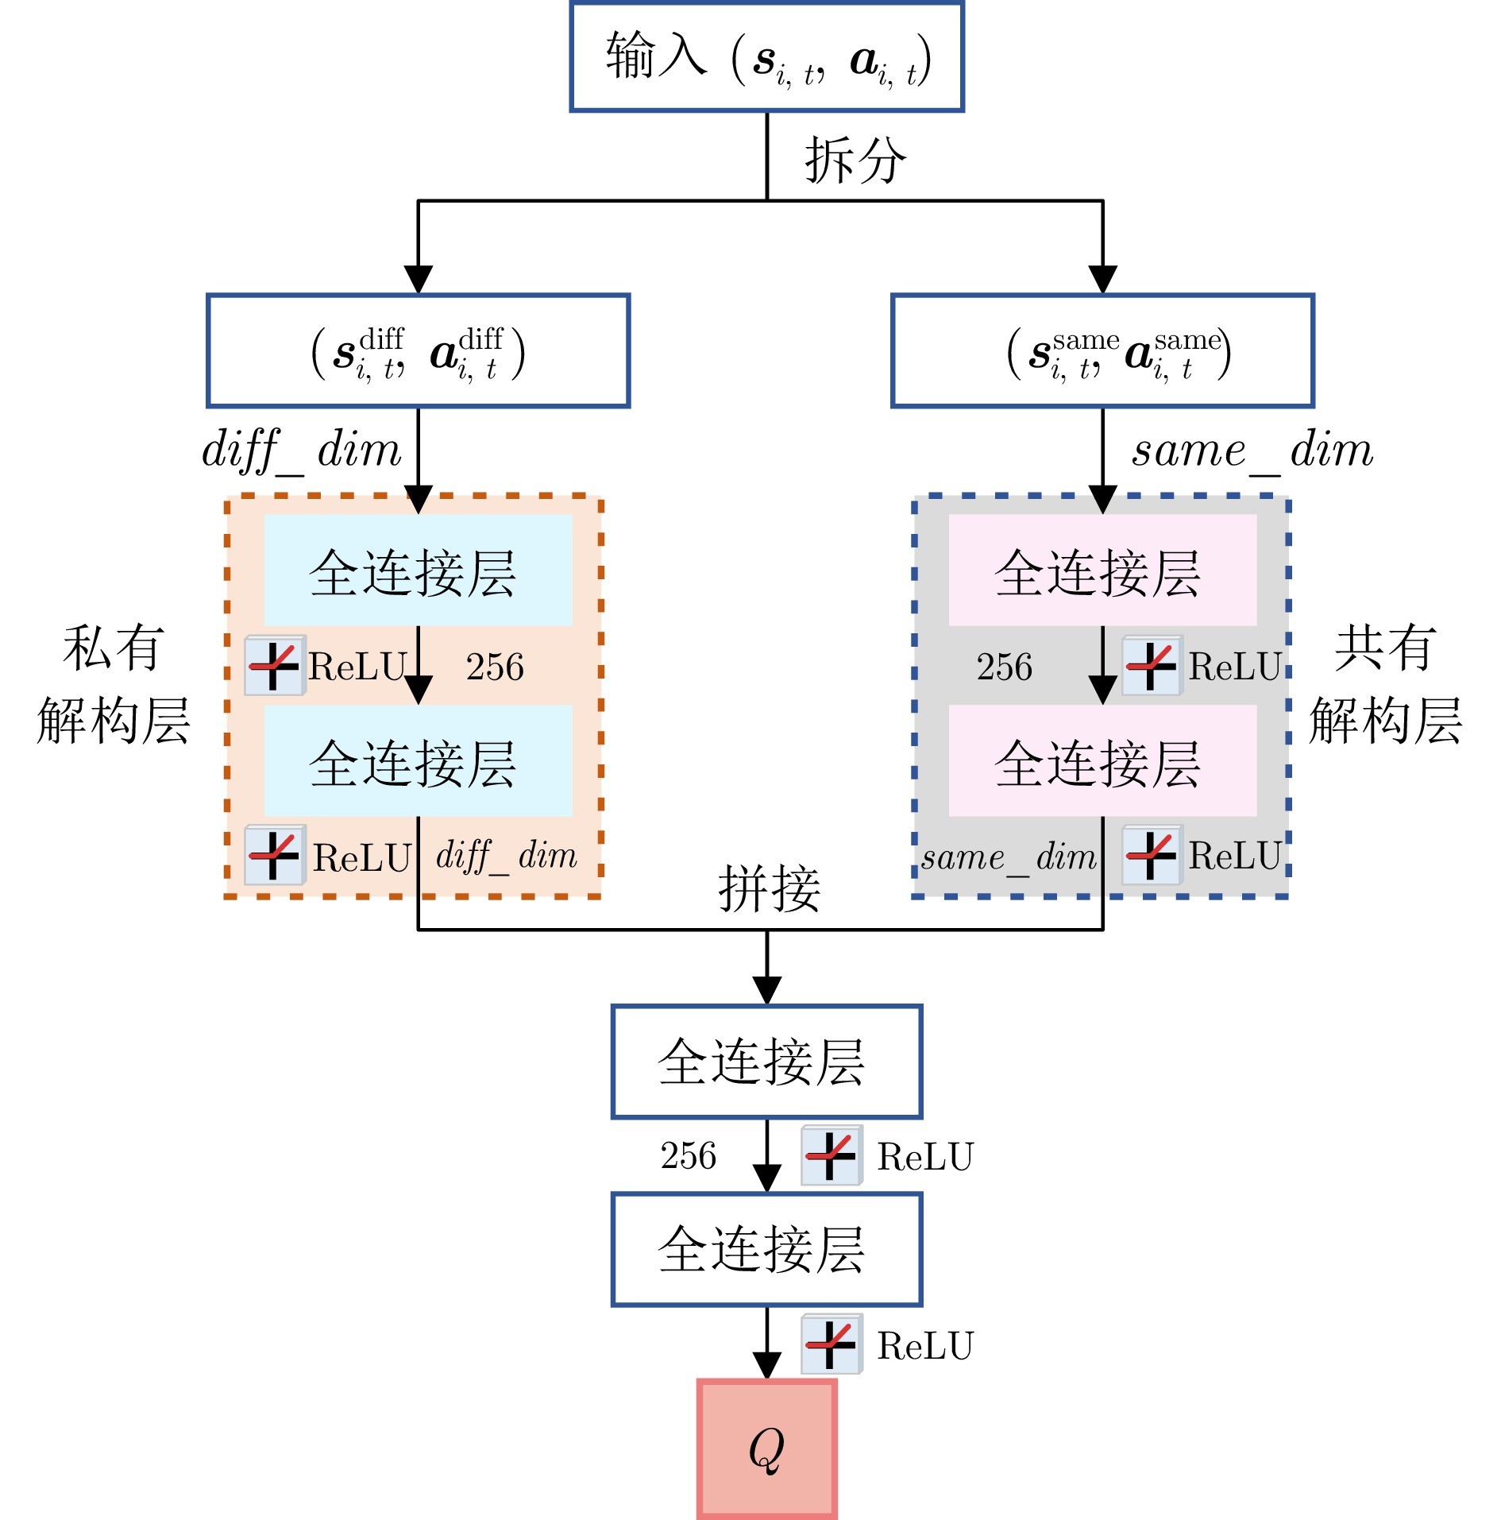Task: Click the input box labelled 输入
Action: point(766,57)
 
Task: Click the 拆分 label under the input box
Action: point(855,160)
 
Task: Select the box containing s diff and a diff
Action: point(418,351)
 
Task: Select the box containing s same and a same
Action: point(1102,351)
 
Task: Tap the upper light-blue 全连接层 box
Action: point(418,570)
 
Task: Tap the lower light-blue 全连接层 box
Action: point(418,760)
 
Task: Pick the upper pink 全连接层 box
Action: point(1102,570)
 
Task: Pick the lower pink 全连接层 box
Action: point(1102,760)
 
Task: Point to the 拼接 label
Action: point(769,888)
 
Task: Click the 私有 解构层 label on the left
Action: point(114,684)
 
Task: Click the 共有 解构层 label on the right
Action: point(1385,684)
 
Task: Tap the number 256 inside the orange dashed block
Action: point(495,667)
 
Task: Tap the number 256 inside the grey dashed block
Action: point(1004,667)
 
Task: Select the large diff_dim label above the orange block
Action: point(302,451)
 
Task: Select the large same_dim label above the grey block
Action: point(1252,451)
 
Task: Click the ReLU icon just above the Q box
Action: point(831,1344)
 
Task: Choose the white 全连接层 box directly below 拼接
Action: point(766,1062)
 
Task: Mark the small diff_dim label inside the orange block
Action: point(507,857)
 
